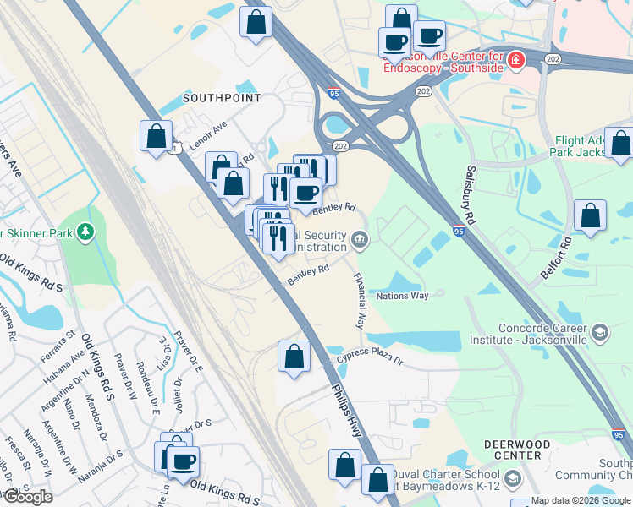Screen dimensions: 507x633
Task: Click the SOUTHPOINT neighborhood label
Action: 222,98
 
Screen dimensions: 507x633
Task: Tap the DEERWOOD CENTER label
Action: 511,450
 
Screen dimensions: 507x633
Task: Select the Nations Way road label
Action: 403,296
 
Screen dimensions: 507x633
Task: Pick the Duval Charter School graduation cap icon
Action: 511,482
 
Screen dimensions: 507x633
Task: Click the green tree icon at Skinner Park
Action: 84,231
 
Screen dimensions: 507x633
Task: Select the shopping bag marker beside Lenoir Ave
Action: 157,136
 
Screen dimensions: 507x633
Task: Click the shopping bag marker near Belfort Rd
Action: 590,215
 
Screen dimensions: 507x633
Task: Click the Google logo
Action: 28,497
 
